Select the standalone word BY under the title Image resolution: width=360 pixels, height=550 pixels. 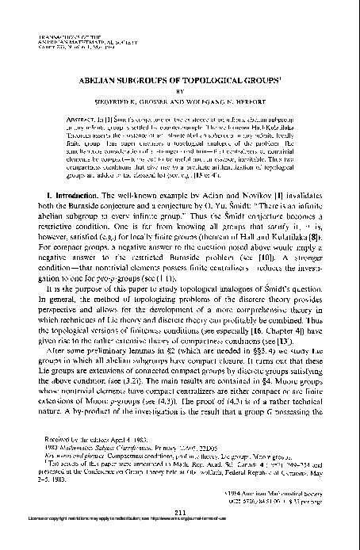point(179,91)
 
